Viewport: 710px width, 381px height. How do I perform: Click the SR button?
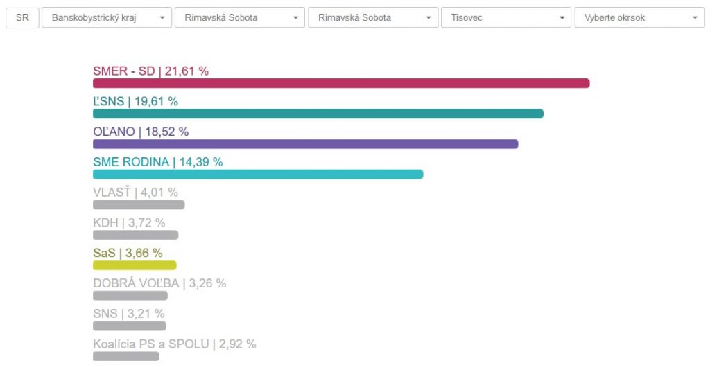[22, 17]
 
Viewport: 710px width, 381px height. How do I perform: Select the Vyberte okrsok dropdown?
[639, 17]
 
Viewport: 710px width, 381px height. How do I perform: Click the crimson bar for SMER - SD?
[341, 83]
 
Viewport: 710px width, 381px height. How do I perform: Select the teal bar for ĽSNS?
[318, 114]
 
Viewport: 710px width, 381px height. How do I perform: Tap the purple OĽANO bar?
[305, 144]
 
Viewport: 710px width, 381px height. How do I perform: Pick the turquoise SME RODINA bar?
[258, 174]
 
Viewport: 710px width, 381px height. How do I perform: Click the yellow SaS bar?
[135, 265]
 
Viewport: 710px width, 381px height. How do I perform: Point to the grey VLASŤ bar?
[139, 204]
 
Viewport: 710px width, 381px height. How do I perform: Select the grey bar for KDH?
[135, 235]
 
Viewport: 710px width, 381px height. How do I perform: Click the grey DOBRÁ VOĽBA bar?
[130, 295]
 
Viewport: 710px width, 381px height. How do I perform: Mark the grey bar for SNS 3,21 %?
[130, 326]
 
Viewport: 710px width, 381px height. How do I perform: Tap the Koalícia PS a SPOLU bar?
[126, 356]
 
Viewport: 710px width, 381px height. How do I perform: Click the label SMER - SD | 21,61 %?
[150, 71]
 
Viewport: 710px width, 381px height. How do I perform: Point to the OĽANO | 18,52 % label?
[141, 132]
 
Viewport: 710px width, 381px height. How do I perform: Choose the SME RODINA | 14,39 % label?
[157, 162]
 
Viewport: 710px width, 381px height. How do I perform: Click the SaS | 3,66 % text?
[128, 253]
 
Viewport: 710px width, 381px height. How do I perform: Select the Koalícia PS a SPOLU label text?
[174, 344]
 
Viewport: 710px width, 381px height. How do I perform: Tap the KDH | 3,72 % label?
[129, 222]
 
